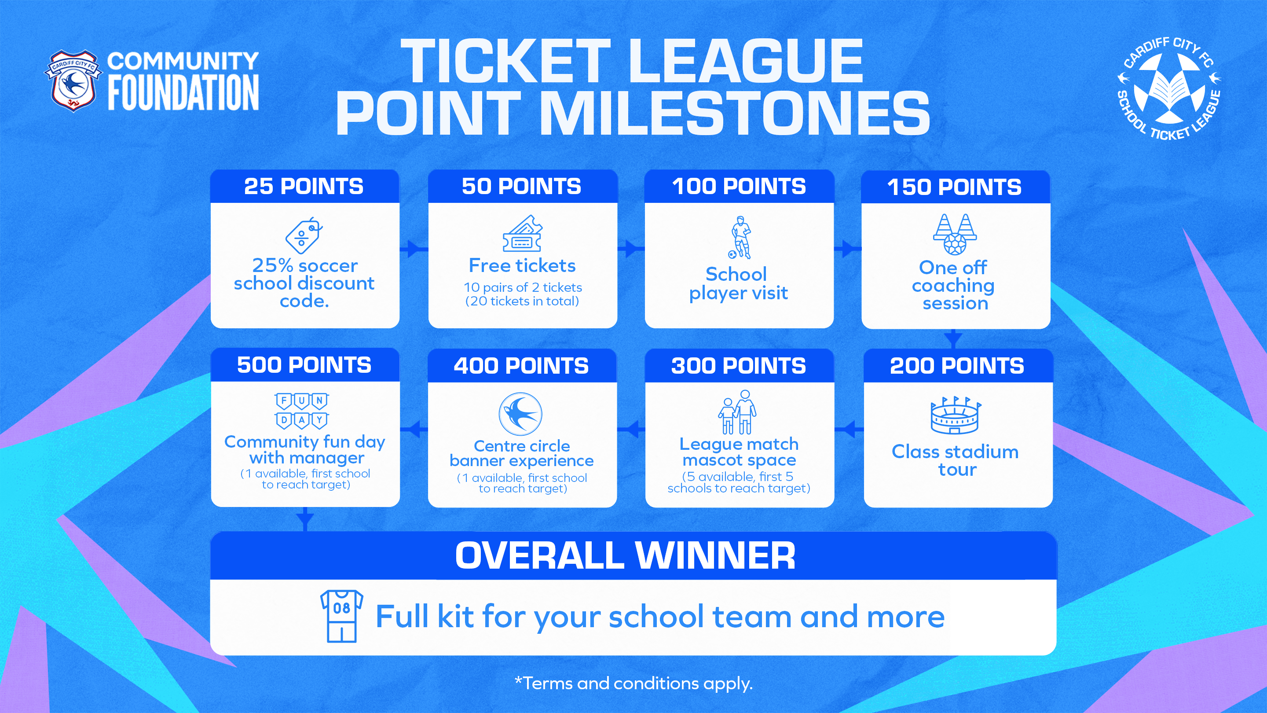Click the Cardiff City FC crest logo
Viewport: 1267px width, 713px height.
click(x=73, y=81)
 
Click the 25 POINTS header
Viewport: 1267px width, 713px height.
click(x=304, y=187)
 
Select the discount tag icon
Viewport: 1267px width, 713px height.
click(x=304, y=235)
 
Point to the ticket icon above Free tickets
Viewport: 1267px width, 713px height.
click(x=522, y=233)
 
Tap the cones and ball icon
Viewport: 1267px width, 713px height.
click(x=955, y=234)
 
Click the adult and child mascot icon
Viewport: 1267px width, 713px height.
click(x=737, y=412)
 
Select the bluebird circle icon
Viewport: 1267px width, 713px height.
click(x=520, y=414)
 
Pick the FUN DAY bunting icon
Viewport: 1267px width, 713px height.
click(x=301, y=411)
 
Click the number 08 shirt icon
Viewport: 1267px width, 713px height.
click(x=341, y=616)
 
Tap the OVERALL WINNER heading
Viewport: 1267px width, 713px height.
click(x=625, y=555)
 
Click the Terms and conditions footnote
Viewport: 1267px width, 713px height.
click(x=633, y=684)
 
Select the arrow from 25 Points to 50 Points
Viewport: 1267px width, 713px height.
click(x=414, y=249)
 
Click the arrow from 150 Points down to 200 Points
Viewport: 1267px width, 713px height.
click(x=953, y=338)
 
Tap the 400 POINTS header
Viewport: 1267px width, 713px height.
click(x=521, y=366)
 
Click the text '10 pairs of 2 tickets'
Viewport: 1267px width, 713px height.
click(x=522, y=287)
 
